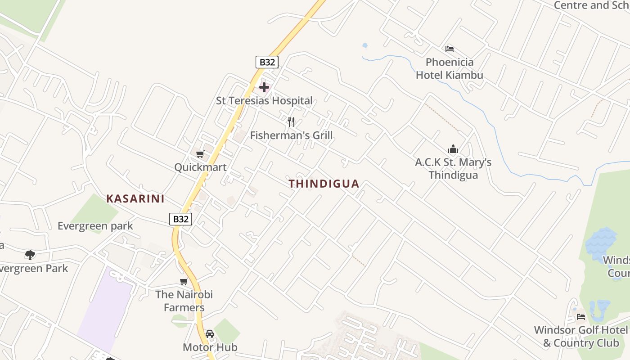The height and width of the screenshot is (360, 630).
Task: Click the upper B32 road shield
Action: click(267, 62)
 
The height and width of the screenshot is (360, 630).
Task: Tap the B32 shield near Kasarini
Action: click(180, 219)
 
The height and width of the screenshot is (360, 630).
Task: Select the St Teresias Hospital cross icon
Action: click(264, 87)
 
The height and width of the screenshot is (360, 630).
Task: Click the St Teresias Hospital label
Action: click(264, 100)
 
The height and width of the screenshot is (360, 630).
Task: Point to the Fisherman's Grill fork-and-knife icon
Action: click(291, 121)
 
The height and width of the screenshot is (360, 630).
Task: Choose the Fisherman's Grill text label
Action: click(291, 135)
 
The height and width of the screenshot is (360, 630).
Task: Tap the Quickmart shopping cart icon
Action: click(200, 154)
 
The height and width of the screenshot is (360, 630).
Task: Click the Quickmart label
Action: click(200, 167)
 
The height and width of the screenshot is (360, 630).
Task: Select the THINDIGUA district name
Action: click(324, 184)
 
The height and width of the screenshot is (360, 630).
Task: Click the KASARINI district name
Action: click(135, 198)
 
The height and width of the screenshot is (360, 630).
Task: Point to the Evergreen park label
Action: click(95, 225)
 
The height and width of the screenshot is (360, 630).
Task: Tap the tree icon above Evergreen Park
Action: click(30, 255)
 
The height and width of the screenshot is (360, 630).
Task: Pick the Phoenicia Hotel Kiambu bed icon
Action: click(449, 49)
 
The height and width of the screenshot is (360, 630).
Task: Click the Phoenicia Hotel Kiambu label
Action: click(449, 68)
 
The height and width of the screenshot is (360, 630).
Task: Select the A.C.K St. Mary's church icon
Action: click(453, 148)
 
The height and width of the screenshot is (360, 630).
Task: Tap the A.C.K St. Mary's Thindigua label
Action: click(453, 168)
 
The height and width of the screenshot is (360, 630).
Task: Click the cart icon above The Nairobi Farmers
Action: click(184, 282)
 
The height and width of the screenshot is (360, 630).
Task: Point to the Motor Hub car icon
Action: click(209, 334)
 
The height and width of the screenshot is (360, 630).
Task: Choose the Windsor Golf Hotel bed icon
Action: click(581, 317)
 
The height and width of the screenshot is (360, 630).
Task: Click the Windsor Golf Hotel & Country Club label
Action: click(580, 336)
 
